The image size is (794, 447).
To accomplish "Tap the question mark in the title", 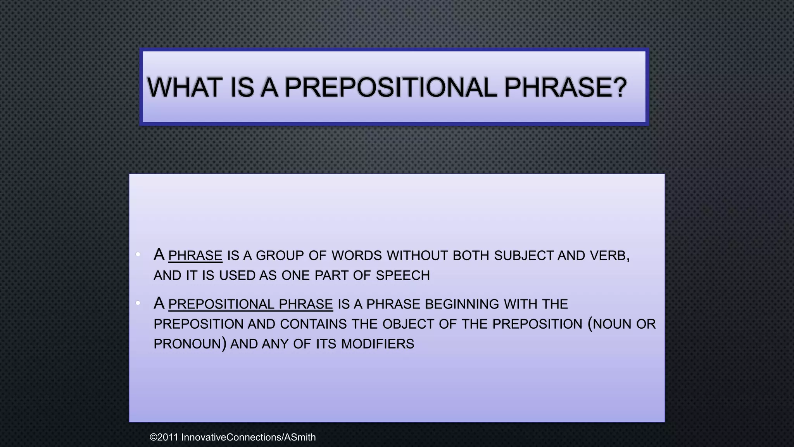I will pyautogui.click(x=619, y=87).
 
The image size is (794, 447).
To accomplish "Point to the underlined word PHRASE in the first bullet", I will pyautogui.click(x=195, y=256).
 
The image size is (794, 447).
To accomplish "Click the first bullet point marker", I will pyautogui.click(x=138, y=255).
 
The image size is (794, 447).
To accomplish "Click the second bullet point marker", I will pyautogui.click(x=138, y=303).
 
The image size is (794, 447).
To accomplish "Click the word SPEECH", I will pyautogui.click(x=403, y=275).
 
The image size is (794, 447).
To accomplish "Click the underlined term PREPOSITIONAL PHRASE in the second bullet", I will pyautogui.click(x=250, y=304).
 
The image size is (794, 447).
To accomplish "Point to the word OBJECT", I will pyautogui.click(x=408, y=324).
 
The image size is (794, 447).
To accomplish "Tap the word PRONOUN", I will pyautogui.click(x=187, y=344).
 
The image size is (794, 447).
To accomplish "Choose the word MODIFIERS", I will pyautogui.click(x=378, y=344).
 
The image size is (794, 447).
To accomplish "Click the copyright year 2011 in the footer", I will pyautogui.click(x=167, y=437).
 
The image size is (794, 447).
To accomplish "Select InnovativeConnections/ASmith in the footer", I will pyautogui.click(x=249, y=437).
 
